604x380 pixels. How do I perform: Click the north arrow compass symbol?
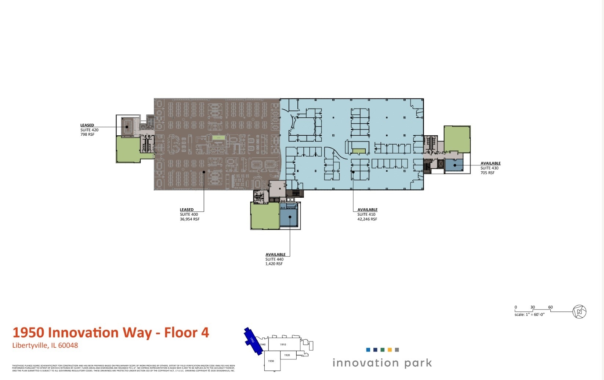[579, 312]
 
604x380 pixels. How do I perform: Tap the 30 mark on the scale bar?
[532, 307]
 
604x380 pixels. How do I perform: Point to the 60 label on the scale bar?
[550, 307]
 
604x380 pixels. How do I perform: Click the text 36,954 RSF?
[189, 219]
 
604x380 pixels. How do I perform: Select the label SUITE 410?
[366, 215]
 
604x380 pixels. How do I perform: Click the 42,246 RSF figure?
[367, 219]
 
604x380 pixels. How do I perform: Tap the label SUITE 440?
[274, 259]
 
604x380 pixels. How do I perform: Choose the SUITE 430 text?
[489, 168]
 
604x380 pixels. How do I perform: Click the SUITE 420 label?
[89, 130]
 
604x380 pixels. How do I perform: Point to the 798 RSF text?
[87, 135]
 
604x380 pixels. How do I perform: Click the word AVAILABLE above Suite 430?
[491, 163]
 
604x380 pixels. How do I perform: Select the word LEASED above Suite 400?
[187, 210]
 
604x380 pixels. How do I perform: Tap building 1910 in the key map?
[283, 344]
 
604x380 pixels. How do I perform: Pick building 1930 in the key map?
[271, 361]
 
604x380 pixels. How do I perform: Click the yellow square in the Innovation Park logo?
[390, 350]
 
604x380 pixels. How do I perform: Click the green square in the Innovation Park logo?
[382, 350]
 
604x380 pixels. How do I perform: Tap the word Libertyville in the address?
[29, 345]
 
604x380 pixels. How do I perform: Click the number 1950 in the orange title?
[28, 333]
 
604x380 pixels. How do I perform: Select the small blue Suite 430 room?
[454, 165]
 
